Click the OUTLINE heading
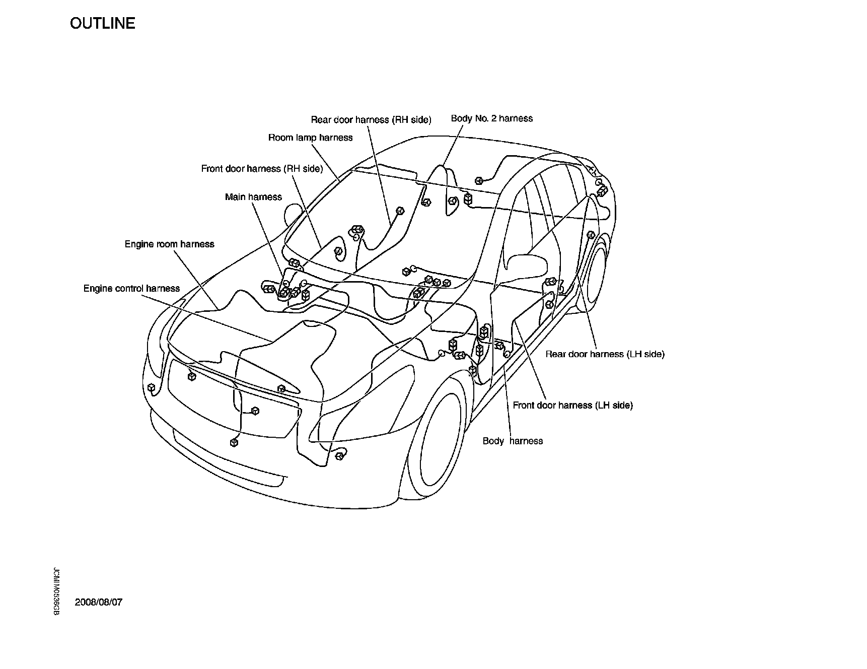102,24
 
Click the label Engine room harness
169,244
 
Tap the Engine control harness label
131,289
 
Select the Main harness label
253,197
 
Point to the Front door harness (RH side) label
262,169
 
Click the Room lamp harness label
310,138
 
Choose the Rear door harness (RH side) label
371,120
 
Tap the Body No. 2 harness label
491,118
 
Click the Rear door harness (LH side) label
605,354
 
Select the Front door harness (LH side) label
572,405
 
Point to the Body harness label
513,441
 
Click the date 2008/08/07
99,603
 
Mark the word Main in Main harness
235,197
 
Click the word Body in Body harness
493,441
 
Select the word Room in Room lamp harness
280,138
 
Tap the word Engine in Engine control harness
98,289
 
